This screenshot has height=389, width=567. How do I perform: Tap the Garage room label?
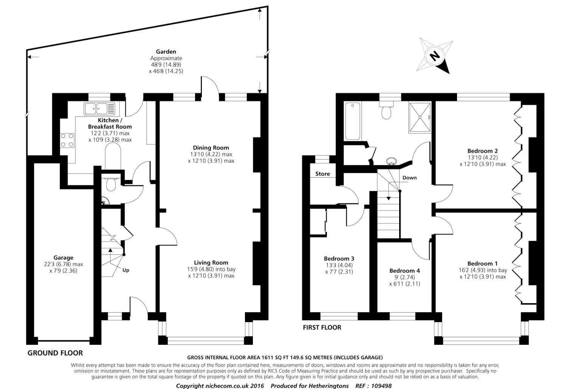pyautogui.click(x=63, y=258)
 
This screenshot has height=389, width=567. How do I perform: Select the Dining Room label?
pyautogui.click(x=211, y=147)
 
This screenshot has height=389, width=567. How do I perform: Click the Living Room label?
pyautogui.click(x=211, y=262)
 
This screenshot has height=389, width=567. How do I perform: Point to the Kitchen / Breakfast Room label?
pyautogui.click(x=110, y=123)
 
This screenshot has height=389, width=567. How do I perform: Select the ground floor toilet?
pyautogui.click(x=111, y=184)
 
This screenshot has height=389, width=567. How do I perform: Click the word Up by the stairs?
pyautogui.click(x=126, y=270)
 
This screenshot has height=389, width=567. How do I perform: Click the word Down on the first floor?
pyautogui.click(x=409, y=178)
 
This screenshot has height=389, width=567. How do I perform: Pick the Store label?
pyautogui.click(x=322, y=174)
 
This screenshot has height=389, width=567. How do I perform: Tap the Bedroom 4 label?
pyautogui.click(x=404, y=271)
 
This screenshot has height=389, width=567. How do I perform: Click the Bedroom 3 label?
pyautogui.click(x=339, y=259)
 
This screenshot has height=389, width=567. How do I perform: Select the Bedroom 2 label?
pyautogui.click(x=482, y=151)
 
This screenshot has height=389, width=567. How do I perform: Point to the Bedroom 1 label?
pyautogui.click(x=482, y=263)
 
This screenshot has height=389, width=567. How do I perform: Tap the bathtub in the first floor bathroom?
pyautogui.click(x=353, y=121)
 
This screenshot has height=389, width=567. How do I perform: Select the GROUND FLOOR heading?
pyautogui.click(x=55, y=353)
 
